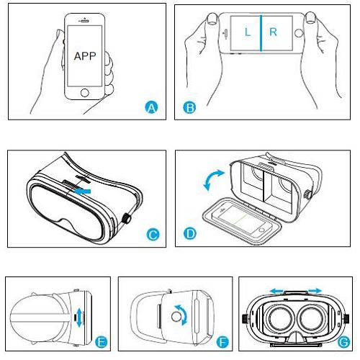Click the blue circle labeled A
151,107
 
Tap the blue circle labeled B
189,107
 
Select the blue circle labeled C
153,235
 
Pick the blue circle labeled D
190,233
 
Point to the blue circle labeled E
102,342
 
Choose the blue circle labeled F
222,342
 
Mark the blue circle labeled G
343,342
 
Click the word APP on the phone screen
85,56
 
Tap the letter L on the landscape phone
248,32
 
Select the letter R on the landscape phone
273,32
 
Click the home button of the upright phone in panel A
85,93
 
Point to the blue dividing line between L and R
261,33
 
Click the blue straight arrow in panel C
82,192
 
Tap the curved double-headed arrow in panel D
213,179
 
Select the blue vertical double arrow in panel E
79,318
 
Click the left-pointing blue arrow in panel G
276,291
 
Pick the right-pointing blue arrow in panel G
315,291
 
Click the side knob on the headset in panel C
127,219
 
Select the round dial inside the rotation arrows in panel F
176,317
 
